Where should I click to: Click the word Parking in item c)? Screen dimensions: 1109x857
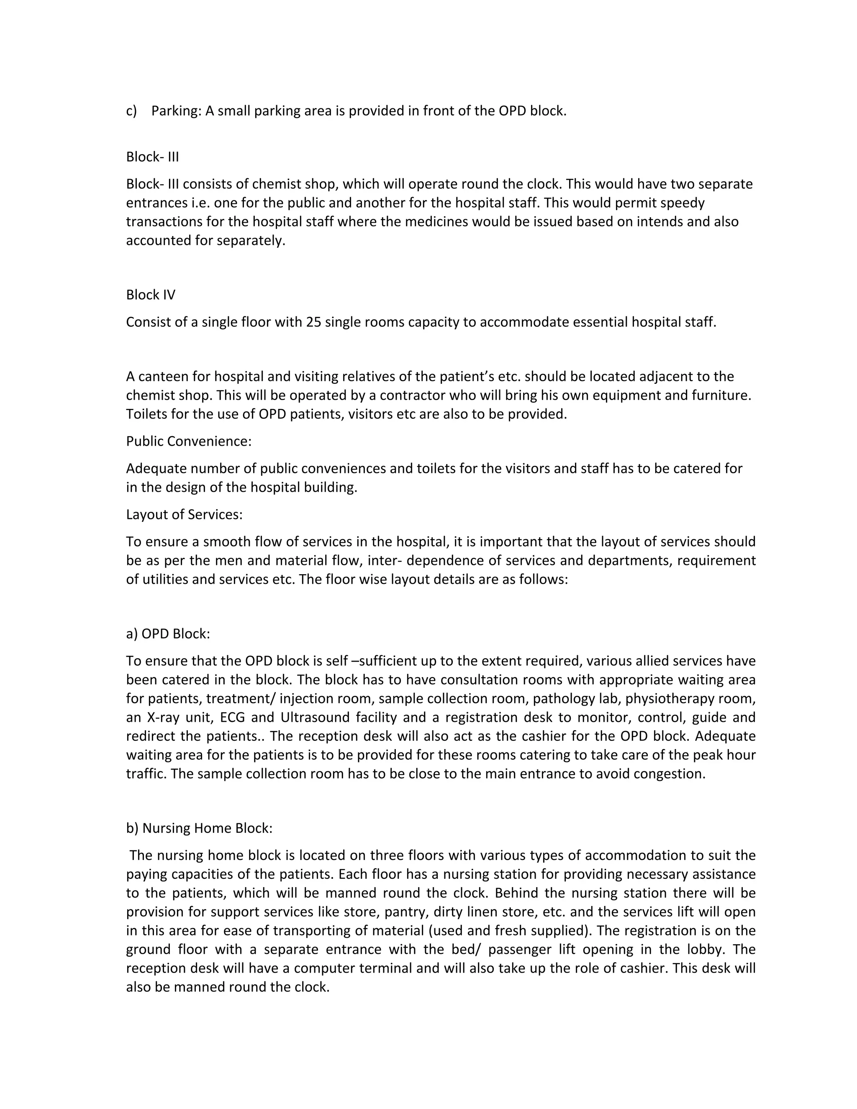(176, 111)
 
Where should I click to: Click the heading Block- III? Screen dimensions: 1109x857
(152, 157)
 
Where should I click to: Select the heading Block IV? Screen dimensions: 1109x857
(151, 295)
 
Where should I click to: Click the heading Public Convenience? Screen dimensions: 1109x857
(189, 441)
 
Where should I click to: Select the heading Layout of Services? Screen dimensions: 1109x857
(184, 514)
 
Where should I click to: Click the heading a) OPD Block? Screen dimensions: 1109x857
(168, 634)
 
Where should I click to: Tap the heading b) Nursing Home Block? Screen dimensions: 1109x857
(200, 828)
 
